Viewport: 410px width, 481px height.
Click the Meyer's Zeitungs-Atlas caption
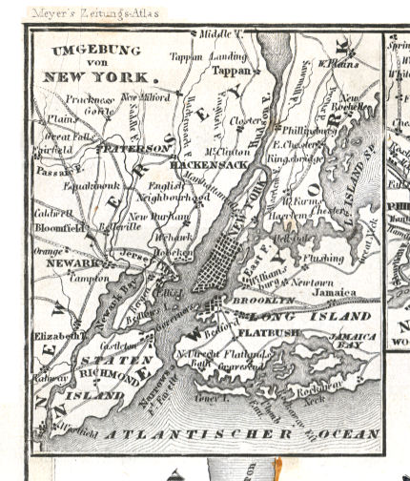[94, 13]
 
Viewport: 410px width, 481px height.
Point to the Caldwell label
[52, 216]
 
